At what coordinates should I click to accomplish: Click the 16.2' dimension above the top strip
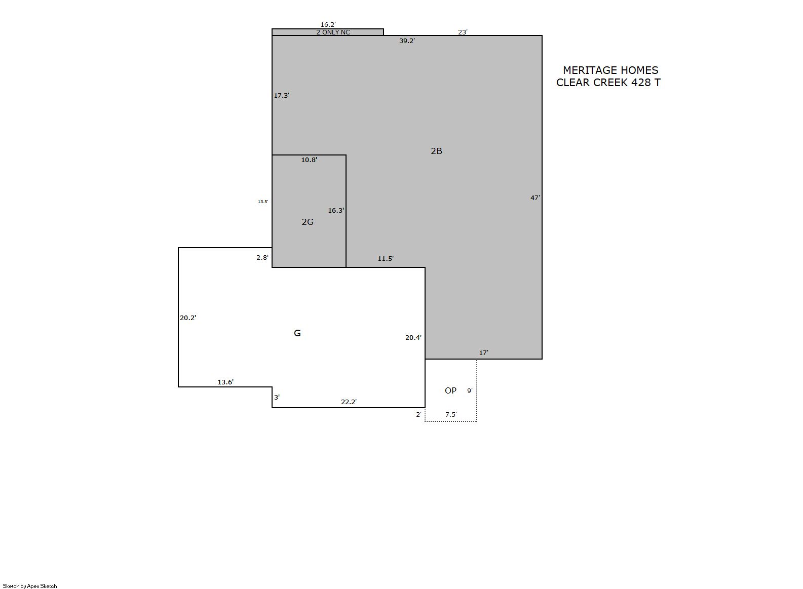328,24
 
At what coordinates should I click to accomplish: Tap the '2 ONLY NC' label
333,32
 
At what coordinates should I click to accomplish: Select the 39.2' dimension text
407,41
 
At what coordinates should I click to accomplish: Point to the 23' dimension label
463,32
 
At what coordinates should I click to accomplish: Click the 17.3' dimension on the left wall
281,95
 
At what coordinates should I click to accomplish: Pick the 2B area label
436,151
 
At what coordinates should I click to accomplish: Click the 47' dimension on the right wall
535,198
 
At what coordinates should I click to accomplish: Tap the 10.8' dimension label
309,160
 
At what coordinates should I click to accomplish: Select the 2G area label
308,222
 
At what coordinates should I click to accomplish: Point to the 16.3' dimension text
336,210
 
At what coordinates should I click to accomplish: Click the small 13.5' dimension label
263,202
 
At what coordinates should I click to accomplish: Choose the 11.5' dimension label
386,258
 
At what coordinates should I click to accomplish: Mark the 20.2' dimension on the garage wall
188,318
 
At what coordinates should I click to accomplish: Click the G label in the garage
297,333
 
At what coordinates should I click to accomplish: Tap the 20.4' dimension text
413,337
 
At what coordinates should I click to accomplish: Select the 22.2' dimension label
349,402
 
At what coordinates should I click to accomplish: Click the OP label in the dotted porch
450,390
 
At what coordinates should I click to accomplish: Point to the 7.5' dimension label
451,414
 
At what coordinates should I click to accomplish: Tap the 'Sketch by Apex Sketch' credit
30,586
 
